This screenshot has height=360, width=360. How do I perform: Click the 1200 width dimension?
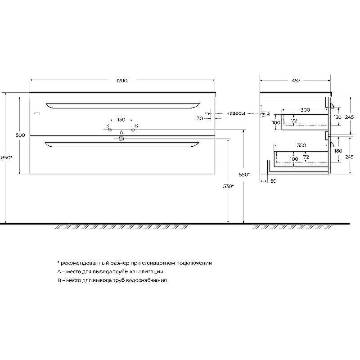point(121,81)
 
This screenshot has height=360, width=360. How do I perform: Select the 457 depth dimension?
point(296,81)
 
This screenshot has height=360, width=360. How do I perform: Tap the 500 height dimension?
point(20,135)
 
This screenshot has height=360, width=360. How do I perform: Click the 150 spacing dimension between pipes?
point(121,120)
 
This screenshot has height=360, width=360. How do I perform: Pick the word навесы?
point(235,113)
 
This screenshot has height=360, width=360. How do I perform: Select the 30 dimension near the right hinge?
point(200,118)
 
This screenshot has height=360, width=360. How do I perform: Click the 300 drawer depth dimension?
point(305,110)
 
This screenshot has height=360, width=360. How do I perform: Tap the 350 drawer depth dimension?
point(301,146)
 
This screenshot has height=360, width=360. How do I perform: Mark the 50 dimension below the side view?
point(273,180)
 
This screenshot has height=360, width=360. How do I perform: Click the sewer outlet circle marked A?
point(121,139)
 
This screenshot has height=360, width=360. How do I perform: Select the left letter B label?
point(107,125)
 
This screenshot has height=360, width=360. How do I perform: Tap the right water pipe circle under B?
point(133,130)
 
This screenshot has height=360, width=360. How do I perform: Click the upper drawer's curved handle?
point(121,106)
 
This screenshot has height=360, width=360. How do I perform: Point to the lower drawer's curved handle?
point(121,144)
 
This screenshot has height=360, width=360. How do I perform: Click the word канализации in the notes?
point(145,271)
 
